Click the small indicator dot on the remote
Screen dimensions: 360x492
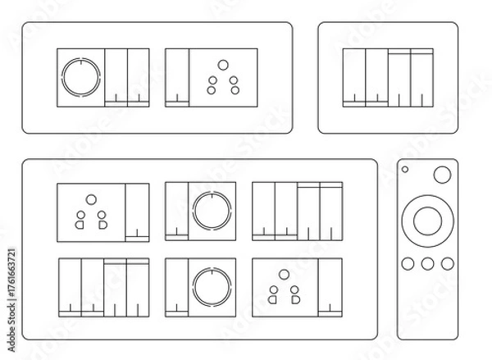[x=406, y=170]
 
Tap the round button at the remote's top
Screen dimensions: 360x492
[x=441, y=174]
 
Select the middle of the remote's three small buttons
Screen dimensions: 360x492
[x=427, y=264]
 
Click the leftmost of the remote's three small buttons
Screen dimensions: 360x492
[x=408, y=264]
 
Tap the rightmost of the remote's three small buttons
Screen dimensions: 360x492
[x=446, y=264]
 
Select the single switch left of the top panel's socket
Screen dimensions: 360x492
[x=176, y=77]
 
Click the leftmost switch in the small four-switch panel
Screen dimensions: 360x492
[x=353, y=77]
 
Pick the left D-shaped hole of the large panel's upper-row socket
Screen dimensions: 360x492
[x=80, y=221]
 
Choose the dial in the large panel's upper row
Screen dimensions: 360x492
[x=212, y=211]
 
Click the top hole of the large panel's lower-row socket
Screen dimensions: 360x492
[x=284, y=273]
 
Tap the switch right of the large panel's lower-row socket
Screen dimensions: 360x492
[x=330, y=286]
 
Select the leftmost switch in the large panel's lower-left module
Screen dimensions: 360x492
[x=70, y=286]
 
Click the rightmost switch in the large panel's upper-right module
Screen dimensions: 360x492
[x=330, y=211]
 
